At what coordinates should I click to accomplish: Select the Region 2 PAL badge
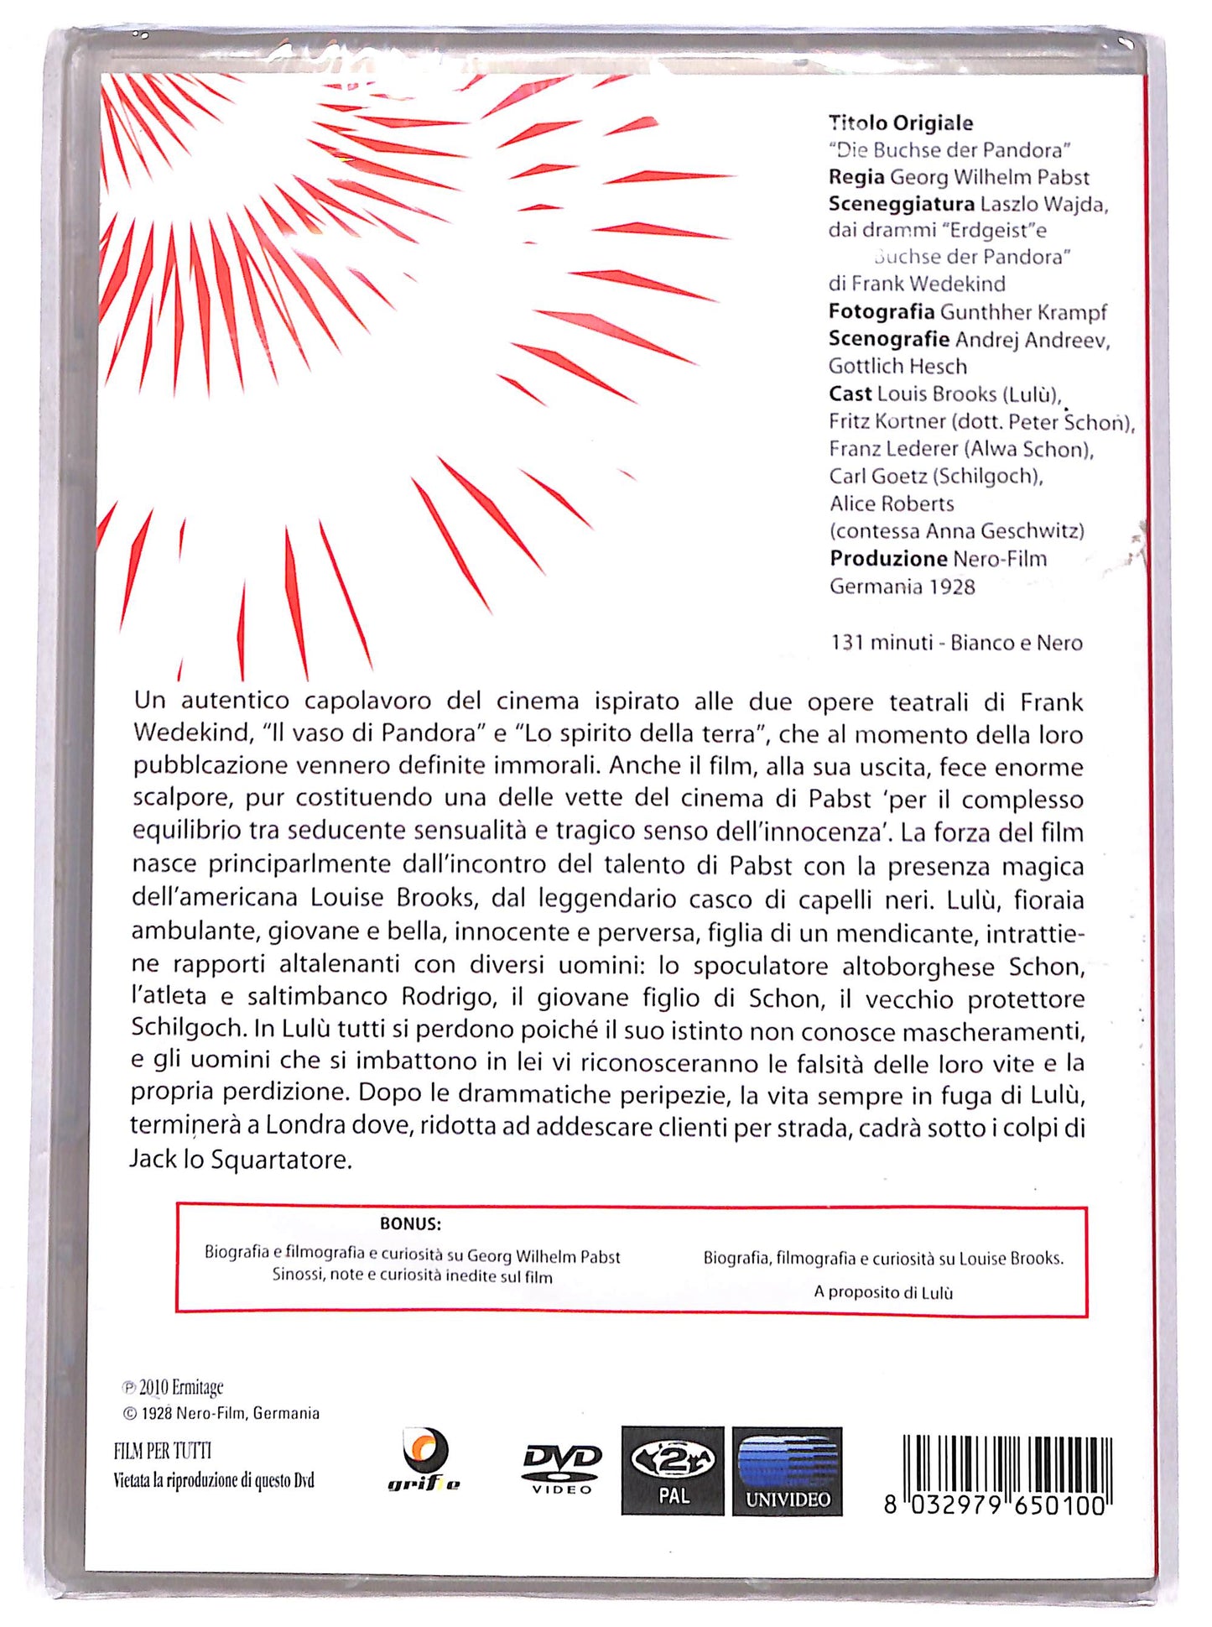tap(672, 1470)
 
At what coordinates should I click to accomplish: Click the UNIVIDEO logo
tap(787, 1470)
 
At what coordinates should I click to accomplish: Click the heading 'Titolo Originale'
tap(901, 123)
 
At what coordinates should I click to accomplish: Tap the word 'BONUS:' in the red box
tap(410, 1223)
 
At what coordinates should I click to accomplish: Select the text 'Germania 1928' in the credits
tap(902, 587)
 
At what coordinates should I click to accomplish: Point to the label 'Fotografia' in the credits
tap(881, 312)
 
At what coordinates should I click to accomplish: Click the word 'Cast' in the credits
tap(850, 394)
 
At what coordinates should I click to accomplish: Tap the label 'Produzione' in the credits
tap(888, 559)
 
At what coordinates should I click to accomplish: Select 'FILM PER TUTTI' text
tap(163, 1451)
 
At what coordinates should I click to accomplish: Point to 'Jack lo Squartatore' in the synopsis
tap(240, 1160)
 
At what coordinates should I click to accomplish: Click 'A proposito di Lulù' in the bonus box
tap(883, 1292)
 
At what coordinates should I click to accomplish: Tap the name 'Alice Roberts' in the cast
tap(892, 504)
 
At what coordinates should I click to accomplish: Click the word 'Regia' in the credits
tap(856, 177)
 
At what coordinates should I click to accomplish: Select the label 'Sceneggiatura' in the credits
tap(901, 204)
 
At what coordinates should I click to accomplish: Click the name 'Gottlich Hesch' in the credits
tap(897, 367)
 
